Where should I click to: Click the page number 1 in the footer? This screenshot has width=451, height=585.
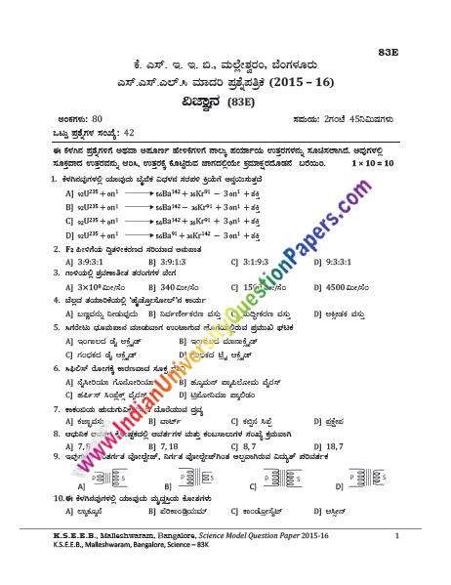(x=397, y=536)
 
